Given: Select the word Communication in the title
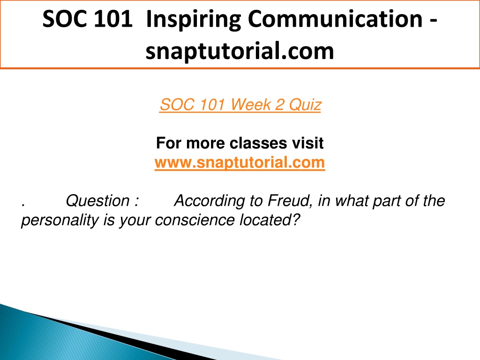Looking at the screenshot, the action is point(335,19).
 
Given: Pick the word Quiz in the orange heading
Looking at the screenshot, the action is point(305,105).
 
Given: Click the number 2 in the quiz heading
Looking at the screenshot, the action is point(280,105).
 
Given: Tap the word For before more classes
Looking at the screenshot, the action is point(169,143).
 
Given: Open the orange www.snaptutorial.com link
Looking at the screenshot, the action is point(240,162).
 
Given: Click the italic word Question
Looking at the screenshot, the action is point(98,201).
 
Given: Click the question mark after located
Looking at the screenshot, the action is point(296,220).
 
